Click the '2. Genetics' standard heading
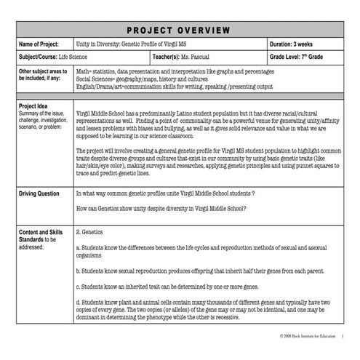click(92, 233)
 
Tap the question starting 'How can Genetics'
click(161, 208)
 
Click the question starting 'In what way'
click(164, 194)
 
